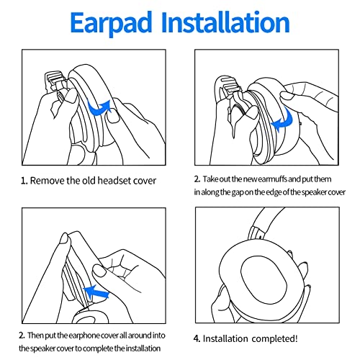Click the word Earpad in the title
[x=112, y=23]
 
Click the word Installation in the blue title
[x=225, y=22]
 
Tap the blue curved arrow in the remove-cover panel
[x=99, y=108]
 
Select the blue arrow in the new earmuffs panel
[x=282, y=120]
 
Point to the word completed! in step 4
[x=274, y=338]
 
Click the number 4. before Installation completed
[x=197, y=338]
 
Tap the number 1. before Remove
[x=24, y=181]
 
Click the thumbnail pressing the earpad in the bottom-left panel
[x=99, y=271]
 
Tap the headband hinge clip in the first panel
[x=55, y=81]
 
